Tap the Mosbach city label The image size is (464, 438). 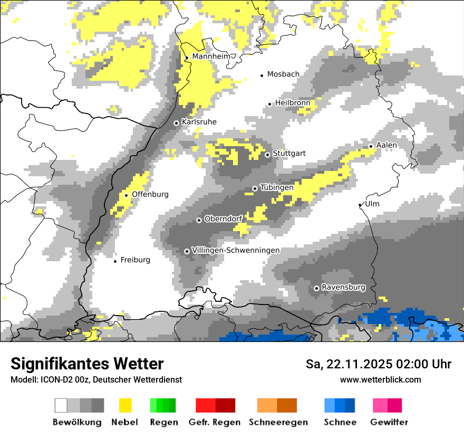(x=283, y=74)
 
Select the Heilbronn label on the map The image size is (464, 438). (x=292, y=103)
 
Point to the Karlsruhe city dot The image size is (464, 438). (x=177, y=123)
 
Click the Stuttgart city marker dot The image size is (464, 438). (x=267, y=155)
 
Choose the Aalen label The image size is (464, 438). (x=386, y=145)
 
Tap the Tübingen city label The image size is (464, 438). (x=277, y=187)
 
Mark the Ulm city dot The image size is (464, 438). (x=360, y=205)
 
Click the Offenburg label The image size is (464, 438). (x=150, y=194)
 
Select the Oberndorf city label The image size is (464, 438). (x=223, y=219)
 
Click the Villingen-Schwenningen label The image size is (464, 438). (x=236, y=250)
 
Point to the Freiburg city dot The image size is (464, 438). (x=115, y=261)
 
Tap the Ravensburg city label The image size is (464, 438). (x=343, y=288)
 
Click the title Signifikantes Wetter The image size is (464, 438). (x=87, y=364)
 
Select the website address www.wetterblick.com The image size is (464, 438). (x=380, y=379)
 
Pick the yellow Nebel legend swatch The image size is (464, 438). (x=125, y=405)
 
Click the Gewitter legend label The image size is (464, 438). (x=389, y=422)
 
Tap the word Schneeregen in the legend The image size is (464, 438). (x=278, y=422)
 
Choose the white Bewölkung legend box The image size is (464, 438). (x=61, y=405)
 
